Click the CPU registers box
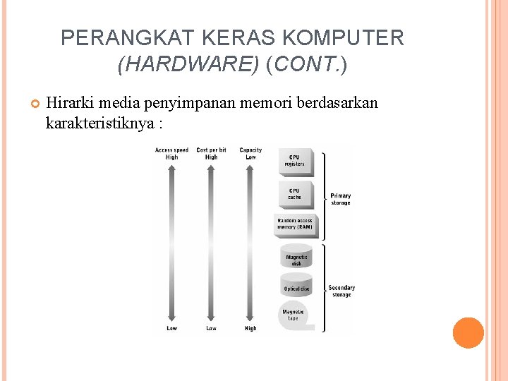point(295,161)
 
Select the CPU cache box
point(295,193)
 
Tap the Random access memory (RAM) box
point(295,224)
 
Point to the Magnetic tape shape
point(294,315)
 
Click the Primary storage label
point(341,199)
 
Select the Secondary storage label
point(341,291)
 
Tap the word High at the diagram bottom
point(250,328)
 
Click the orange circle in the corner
point(468,332)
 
